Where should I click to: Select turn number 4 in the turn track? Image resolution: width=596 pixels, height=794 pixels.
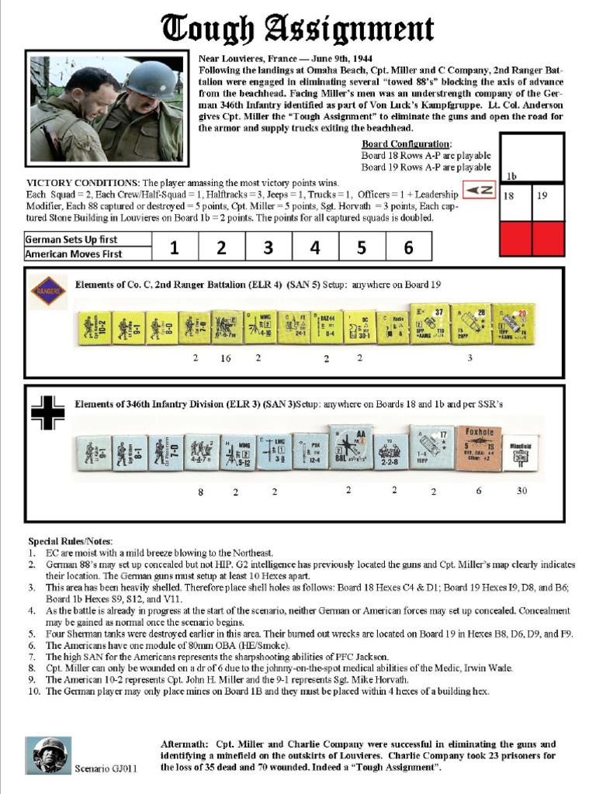(x=315, y=248)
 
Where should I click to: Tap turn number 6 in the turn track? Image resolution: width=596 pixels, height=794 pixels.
(x=408, y=248)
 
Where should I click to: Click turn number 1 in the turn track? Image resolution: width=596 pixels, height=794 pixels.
(x=175, y=248)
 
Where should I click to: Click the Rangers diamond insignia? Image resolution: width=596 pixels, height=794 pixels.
(x=48, y=292)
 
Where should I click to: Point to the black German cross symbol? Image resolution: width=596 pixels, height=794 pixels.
(x=47, y=413)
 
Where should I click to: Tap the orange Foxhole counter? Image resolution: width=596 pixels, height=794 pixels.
(x=479, y=448)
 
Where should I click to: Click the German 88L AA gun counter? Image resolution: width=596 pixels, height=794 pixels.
(x=350, y=448)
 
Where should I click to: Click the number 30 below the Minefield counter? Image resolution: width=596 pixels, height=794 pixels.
(x=523, y=491)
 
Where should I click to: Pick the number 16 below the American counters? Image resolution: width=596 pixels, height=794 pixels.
(x=226, y=358)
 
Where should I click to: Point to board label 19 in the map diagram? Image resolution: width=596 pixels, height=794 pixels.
(x=542, y=196)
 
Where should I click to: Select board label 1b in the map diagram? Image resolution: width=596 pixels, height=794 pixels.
(x=511, y=176)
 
